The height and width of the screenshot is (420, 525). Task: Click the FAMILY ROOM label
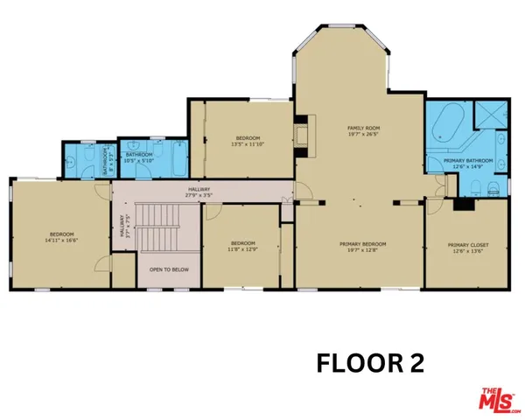click(363, 128)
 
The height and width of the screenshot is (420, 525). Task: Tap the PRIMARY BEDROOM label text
click(363, 244)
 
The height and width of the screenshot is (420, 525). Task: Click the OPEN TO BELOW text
click(169, 269)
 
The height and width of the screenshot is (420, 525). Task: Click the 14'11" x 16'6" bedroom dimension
click(61, 240)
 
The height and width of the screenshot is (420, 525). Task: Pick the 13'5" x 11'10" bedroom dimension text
click(248, 144)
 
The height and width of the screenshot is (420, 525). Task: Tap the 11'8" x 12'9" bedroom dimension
click(241, 249)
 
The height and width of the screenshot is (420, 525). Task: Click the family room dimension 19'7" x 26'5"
click(363, 135)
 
